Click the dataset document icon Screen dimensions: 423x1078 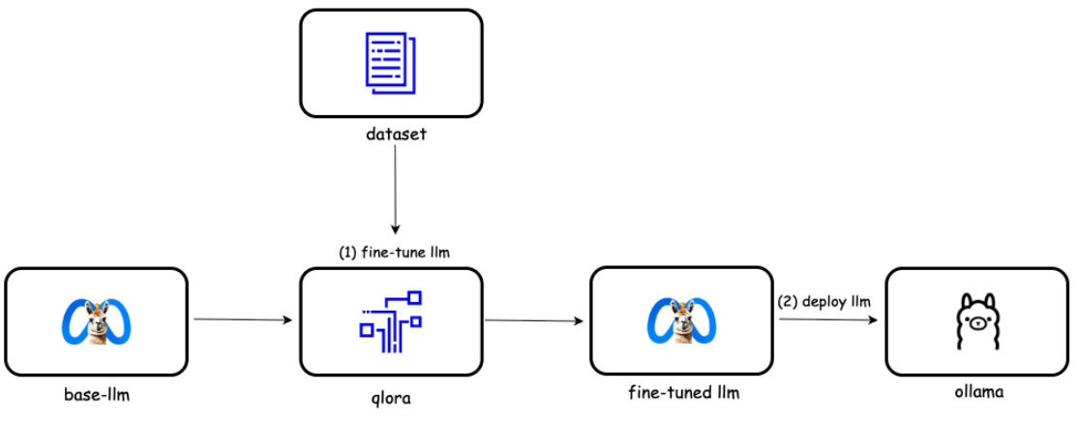pos(391,62)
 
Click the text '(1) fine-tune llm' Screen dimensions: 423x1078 pos(393,252)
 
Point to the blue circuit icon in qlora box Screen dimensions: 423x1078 pos(391,320)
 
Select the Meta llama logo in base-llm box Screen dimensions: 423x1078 pos(96,321)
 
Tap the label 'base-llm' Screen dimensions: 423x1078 pos(96,394)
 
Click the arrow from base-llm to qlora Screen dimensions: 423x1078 pos(242,318)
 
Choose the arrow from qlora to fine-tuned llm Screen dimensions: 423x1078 pos(536,319)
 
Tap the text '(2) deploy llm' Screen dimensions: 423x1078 pos(823,301)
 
